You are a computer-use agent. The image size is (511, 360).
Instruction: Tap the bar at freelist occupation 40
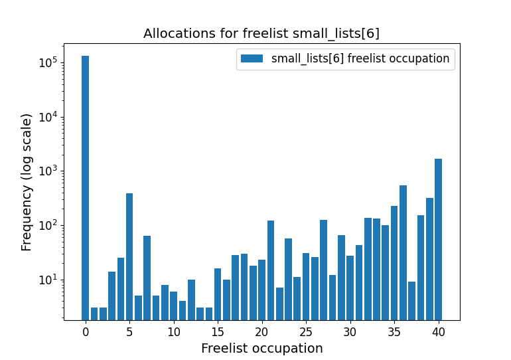point(438,239)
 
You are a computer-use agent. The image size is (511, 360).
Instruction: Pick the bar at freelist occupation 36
point(403,252)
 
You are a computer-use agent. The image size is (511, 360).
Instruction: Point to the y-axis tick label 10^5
point(47,63)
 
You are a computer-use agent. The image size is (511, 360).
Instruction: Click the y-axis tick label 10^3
point(47,171)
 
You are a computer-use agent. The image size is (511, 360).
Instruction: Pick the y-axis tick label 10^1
point(47,280)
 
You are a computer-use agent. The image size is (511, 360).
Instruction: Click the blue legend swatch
point(252,58)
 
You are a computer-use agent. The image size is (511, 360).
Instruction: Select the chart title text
point(261,34)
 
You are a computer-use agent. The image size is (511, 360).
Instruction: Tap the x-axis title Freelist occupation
point(261,349)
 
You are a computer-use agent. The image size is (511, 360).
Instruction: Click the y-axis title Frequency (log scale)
point(27,182)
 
